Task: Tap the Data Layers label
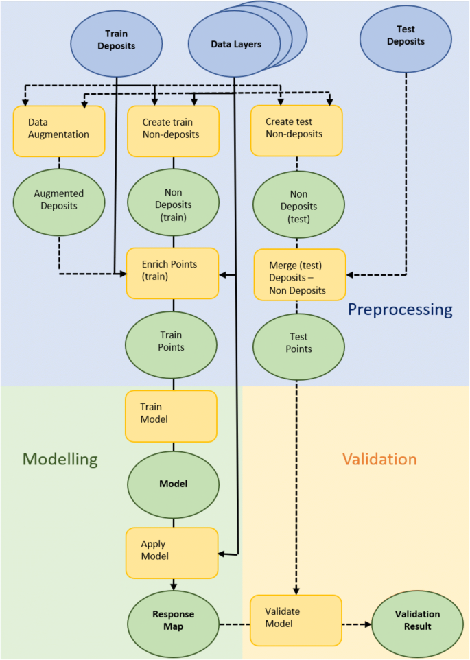point(236,45)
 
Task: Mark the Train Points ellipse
point(172,342)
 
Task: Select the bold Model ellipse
point(173,484)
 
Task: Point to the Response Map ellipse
point(173,620)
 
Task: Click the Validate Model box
point(296,620)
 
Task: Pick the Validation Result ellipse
point(417,620)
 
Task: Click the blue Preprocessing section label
point(400,309)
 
